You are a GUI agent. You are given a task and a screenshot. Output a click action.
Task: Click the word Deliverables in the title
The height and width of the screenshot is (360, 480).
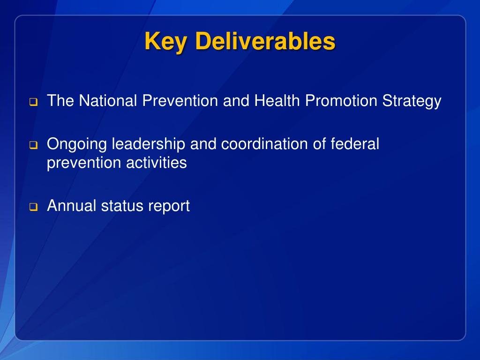point(265,42)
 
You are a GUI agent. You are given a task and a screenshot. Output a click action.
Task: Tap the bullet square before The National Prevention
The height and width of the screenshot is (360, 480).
point(34,102)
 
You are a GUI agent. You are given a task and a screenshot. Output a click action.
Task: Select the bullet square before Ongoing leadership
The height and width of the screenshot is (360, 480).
point(34,145)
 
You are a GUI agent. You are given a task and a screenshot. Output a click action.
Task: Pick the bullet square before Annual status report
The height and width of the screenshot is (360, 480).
point(34,207)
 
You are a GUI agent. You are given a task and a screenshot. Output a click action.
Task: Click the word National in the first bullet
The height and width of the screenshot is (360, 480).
point(106,101)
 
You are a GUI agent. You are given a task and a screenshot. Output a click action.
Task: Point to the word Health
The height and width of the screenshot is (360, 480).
point(278,101)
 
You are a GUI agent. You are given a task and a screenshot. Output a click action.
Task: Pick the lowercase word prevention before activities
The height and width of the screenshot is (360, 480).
point(82,164)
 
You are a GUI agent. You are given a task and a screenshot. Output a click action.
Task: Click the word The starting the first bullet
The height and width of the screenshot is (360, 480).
point(60,101)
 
